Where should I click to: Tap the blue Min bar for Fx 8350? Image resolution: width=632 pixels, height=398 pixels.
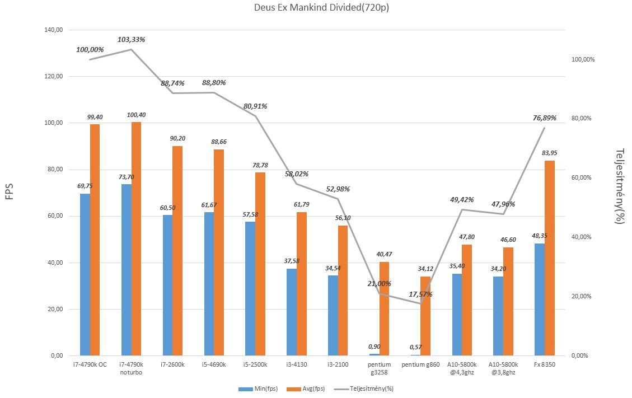(x=540, y=299)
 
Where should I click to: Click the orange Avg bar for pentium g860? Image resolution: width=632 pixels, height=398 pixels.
(x=425, y=316)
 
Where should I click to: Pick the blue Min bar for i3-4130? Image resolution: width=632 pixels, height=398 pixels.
(x=291, y=312)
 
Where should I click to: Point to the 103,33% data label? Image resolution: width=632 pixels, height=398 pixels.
(x=132, y=40)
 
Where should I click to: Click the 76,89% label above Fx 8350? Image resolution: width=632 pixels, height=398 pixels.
(x=544, y=118)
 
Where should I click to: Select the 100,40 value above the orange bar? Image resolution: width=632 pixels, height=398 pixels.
(x=136, y=115)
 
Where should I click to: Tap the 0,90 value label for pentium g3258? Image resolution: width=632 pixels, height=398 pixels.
(x=375, y=347)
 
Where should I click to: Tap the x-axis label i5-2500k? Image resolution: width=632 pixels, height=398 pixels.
(x=255, y=365)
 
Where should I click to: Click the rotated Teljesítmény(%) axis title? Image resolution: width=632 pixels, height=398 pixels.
(x=619, y=186)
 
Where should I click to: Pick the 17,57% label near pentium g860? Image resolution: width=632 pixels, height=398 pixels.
(x=420, y=294)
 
